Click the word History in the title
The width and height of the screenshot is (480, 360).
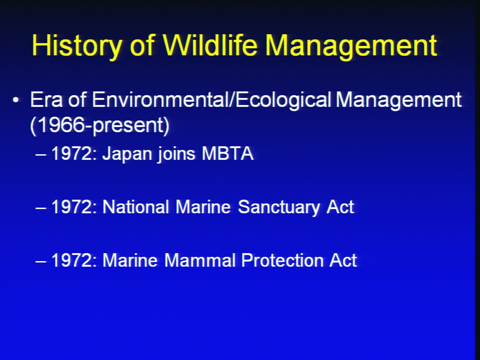[x=76, y=46]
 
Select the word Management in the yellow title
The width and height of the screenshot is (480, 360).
[x=351, y=46]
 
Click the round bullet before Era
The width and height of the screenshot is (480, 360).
[x=16, y=100]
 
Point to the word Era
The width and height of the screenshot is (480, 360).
[x=46, y=99]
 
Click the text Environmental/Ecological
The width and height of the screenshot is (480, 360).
[x=211, y=100]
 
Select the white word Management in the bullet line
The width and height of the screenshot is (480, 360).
[x=398, y=100]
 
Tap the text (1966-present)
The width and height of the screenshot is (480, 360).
[x=100, y=125]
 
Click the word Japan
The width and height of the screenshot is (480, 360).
[x=127, y=154]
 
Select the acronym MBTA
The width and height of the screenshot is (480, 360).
[x=227, y=153]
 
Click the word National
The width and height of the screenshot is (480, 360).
[x=135, y=207]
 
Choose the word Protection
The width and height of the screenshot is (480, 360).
[x=282, y=260]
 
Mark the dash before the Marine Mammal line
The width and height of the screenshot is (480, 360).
[x=40, y=261]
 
